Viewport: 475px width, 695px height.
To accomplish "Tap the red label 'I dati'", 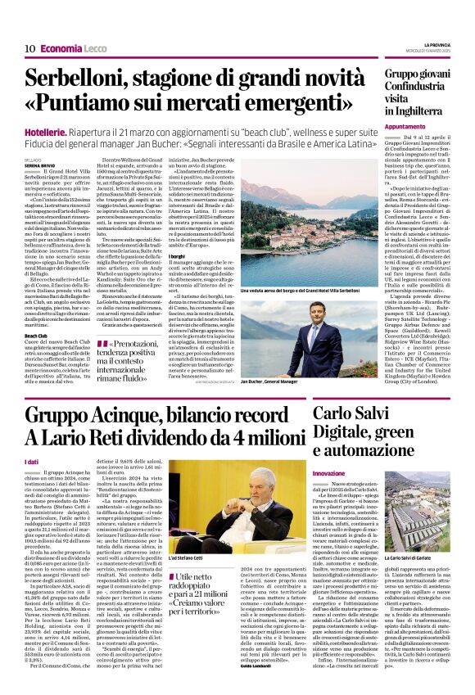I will click(x=34, y=463).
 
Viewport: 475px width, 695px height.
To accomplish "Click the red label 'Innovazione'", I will click(x=329, y=474).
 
